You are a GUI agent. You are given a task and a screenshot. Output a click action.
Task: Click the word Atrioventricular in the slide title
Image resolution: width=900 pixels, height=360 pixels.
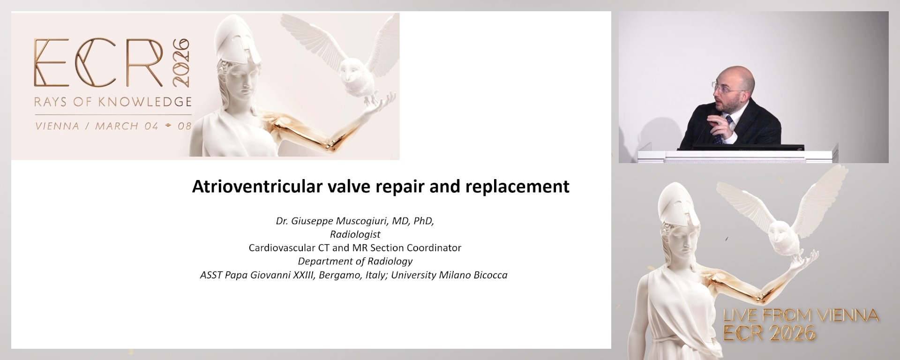(256, 187)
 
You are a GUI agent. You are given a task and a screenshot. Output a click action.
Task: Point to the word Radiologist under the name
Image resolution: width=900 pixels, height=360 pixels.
(355, 234)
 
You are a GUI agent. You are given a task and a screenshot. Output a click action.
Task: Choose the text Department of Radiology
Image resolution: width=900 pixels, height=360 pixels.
(355, 262)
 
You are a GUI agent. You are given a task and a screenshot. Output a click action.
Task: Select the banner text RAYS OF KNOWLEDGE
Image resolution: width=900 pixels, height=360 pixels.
(113, 102)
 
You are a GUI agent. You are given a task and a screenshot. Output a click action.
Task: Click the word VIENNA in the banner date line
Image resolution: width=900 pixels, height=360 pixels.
(57, 126)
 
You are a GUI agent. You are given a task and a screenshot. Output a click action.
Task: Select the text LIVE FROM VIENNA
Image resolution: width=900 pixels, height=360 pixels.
(801, 316)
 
